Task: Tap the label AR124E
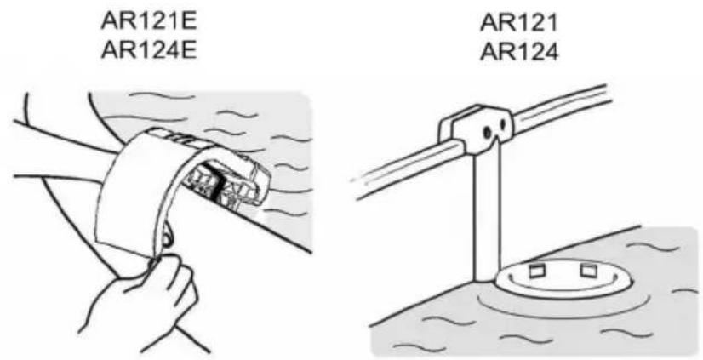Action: [x=149, y=49]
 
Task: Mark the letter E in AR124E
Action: [x=190, y=49]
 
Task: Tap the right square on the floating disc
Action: [x=586, y=271]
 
